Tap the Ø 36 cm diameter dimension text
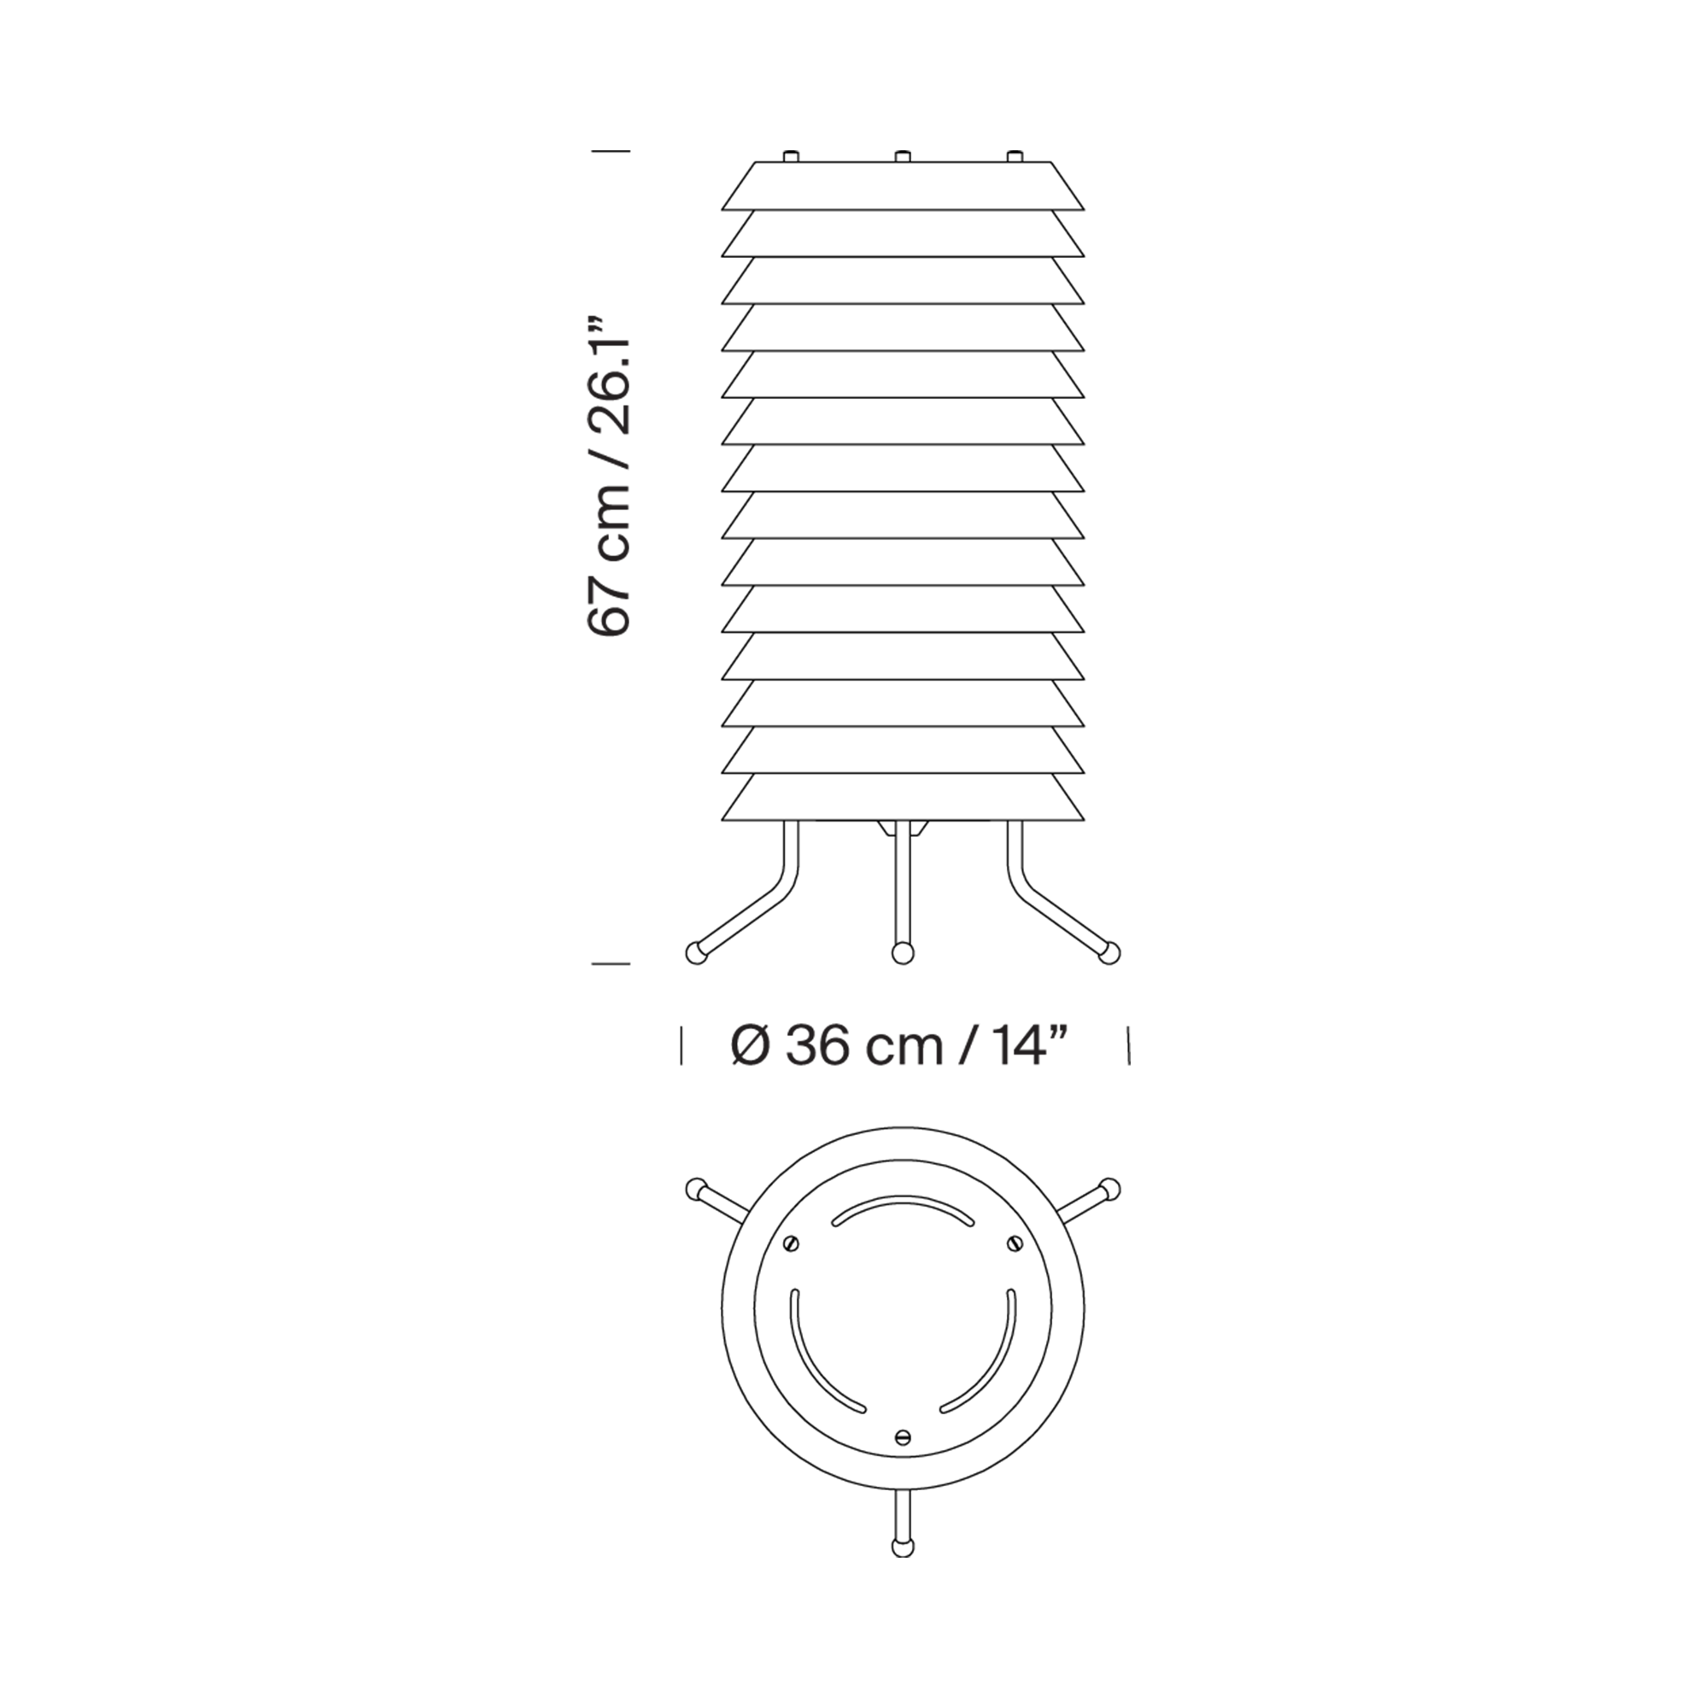pyautogui.click(x=903, y=1047)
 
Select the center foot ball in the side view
pyautogui.click(x=903, y=954)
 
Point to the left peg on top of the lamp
pyautogui.click(x=793, y=156)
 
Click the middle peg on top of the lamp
pyautogui.click(x=903, y=156)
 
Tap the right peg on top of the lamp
pyautogui.click(x=1014, y=156)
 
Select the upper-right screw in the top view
pyautogui.click(x=1014, y=1243)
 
